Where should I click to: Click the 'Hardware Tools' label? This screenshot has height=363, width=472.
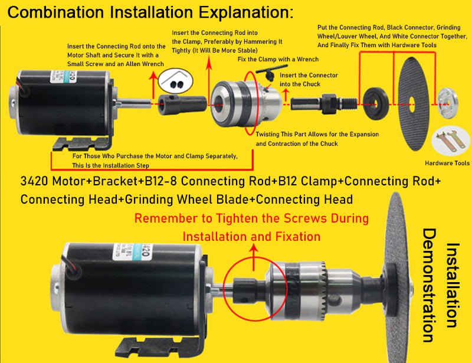pyautogui.click(x=447, y=163)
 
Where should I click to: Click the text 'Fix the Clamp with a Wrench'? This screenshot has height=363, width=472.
pyautogui.click(x=278, y=60)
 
